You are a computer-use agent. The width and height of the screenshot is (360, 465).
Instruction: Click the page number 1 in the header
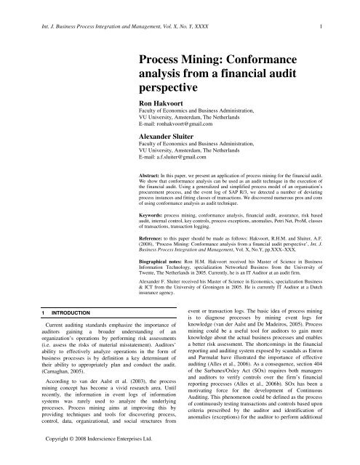coord(342,9)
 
